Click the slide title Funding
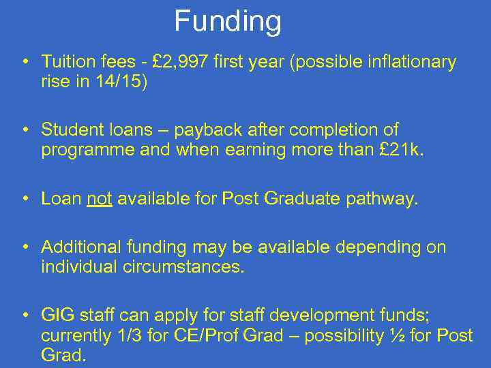228,21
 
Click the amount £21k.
402,149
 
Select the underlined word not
100,198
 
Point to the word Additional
84,247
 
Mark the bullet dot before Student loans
25,129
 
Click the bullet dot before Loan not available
25,198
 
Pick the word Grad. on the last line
63,355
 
